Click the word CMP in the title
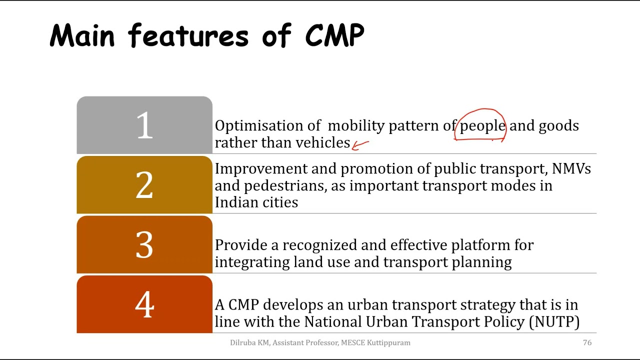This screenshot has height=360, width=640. [334, 36]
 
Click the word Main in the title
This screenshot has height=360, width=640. [82, 36]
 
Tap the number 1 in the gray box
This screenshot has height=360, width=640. [144, 125]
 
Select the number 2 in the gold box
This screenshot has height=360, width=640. [144, 185]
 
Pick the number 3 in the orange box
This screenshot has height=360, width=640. [144, 245]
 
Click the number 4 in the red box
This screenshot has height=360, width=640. [144, 304]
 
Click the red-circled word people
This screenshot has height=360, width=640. [482, 126]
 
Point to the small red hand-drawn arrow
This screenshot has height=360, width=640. [360, 145]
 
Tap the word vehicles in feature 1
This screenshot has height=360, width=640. [322, 143]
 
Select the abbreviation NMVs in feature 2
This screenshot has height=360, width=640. [571, 169]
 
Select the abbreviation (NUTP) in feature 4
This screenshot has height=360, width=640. [553, 321]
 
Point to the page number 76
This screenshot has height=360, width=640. [587, 342]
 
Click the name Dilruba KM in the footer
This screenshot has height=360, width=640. [249, 342]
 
